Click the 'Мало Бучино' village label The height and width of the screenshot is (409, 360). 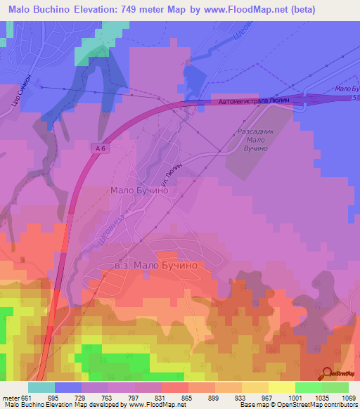[139, 190]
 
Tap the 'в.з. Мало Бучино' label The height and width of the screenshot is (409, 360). [160, 265]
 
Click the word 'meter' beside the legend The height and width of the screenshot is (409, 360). [9, 398]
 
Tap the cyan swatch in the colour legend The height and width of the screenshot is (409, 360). [41, 387]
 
